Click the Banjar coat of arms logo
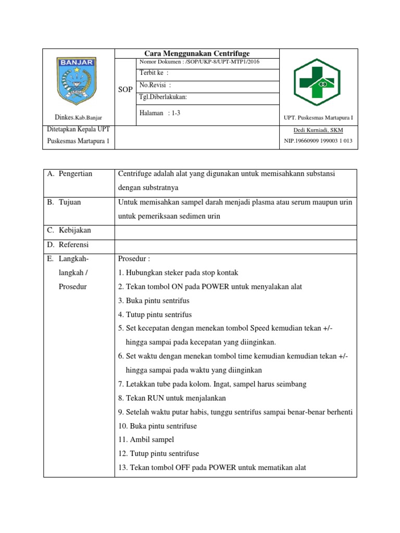[x=75, y=80]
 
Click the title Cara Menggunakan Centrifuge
[x=197, y=54]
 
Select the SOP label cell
[x=125, y=90]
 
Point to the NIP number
[x=318, y=141]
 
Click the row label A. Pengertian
[x=70, y=174]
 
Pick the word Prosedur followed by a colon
[x=134, y=259]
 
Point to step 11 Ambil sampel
[x=146, y=440]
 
